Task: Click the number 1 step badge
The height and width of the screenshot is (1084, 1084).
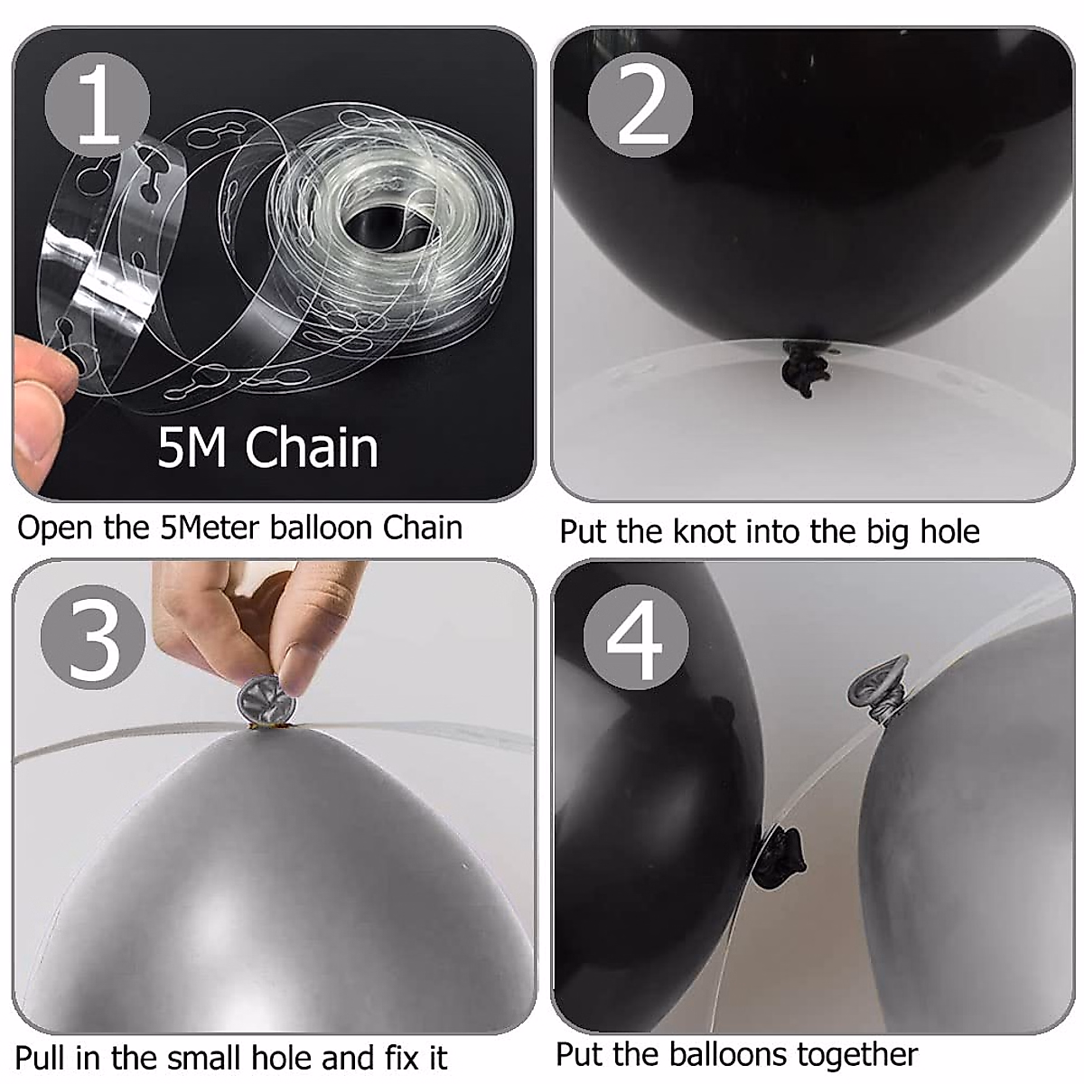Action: coord(98,105)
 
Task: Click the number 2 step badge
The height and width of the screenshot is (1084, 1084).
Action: coord(640,105)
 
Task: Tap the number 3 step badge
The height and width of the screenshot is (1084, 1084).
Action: coord(93,638)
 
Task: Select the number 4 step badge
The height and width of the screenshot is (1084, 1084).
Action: coord(636,638)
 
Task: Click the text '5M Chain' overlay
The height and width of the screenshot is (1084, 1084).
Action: coord(267,447)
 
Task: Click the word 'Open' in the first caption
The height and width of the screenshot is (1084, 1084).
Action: coord(54,529)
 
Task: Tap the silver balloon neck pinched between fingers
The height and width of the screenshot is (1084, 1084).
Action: coord(266,702)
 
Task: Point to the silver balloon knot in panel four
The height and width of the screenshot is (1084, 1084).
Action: coord(879,689)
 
